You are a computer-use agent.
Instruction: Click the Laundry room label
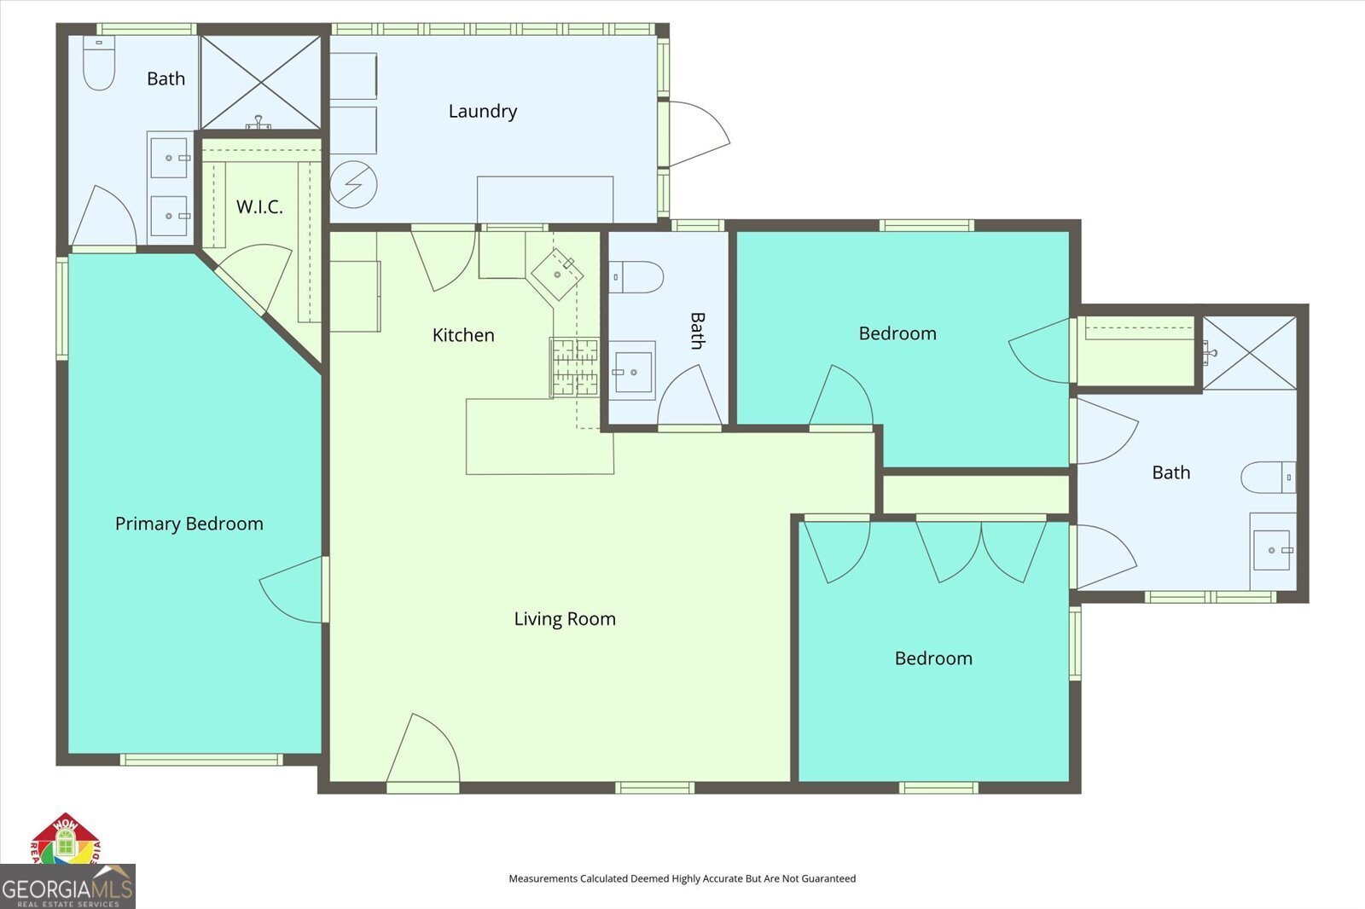482,111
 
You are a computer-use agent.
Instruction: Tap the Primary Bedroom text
189,524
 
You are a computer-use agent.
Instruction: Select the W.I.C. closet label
259,206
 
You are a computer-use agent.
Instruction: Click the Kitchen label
463,335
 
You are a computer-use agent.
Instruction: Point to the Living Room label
564,619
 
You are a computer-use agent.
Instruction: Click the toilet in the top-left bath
99,63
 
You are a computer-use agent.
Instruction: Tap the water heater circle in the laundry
353,183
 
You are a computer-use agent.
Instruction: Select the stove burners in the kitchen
574,367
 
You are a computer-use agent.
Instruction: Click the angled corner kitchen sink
557,274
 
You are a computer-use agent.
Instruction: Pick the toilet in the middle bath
637,276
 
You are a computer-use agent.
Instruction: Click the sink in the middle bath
633,371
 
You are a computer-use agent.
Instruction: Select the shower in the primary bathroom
260,82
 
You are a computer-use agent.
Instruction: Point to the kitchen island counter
539,437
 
